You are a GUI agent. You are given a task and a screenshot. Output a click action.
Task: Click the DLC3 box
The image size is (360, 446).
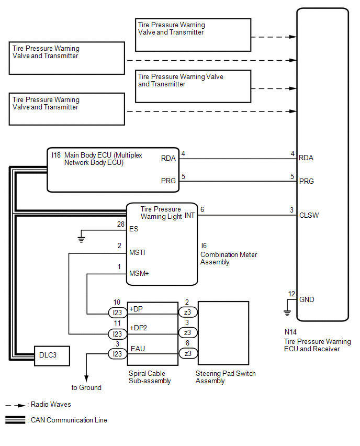coord(52,356)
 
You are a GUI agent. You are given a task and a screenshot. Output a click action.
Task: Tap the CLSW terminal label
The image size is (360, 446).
coord(309,215)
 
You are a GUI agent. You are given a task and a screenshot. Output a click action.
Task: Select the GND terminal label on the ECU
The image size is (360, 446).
coord(307,299)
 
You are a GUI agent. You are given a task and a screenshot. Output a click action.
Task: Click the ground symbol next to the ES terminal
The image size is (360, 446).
coord(81,240)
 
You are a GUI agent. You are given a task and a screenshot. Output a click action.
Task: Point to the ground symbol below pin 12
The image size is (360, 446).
coord(287,313)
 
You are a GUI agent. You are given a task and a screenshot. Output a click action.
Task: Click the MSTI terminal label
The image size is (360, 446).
coord(137,252)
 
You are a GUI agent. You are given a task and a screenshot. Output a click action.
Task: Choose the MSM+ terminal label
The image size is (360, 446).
coord(139,273)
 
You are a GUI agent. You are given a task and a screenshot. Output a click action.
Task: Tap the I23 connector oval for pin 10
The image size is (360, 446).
coord(117,313)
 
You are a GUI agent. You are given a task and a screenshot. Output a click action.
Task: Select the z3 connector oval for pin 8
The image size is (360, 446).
coord(188,353)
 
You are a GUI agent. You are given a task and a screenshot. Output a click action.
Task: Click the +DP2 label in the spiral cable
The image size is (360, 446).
coord(138,328)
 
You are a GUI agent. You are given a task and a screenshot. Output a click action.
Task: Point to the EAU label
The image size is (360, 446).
coord(138,349)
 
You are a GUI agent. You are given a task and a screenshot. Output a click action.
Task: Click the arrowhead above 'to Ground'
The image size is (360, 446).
coord(86,378)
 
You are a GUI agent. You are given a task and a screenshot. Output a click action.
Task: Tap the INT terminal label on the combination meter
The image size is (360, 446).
coord(189,215)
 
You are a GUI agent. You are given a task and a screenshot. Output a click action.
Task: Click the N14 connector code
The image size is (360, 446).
coord(290,332)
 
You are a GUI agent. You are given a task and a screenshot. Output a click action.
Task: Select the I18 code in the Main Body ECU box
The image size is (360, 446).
coord(56,155)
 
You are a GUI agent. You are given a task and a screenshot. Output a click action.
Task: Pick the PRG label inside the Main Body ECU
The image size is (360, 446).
coord(168,181)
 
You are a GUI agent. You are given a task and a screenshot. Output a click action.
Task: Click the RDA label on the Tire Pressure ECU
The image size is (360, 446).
coord(306,158)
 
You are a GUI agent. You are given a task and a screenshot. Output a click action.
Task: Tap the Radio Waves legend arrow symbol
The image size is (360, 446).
coord(15,405)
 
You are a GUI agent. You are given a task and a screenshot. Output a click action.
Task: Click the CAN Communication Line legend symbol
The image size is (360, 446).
coord(15,420)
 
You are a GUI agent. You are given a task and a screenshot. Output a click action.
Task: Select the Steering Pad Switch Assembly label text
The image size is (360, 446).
coord(226,377)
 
